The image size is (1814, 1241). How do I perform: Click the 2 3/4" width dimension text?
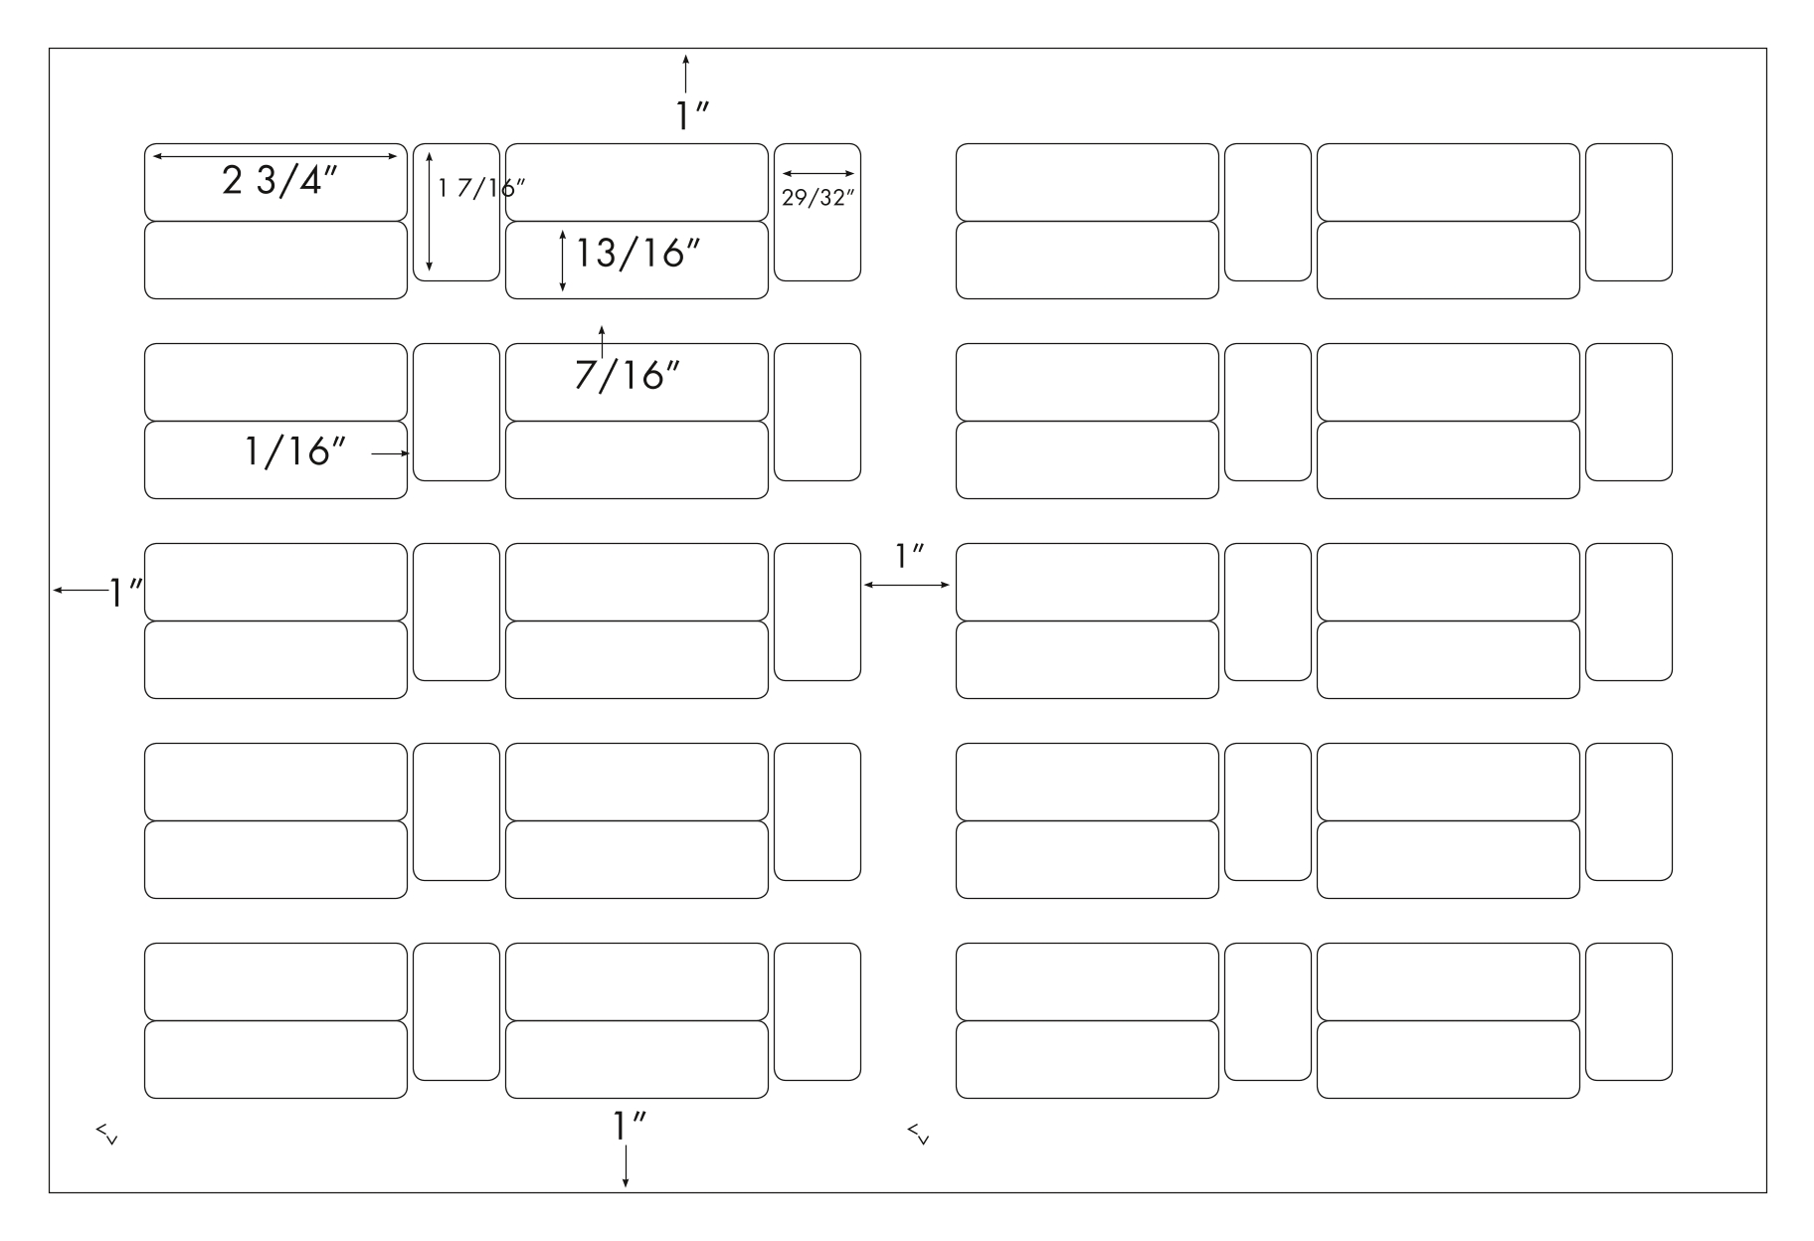[280, 181]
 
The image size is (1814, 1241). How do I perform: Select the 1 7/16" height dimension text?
[481, 187]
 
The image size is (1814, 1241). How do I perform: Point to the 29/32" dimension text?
[818, 198]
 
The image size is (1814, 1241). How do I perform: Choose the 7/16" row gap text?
[628, 375]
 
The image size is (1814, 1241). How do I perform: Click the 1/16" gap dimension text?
[294, 451]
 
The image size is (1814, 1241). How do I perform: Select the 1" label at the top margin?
[692, 116]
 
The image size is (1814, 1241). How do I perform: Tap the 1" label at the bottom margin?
[631, 1126]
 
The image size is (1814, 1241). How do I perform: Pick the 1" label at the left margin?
[126, 593]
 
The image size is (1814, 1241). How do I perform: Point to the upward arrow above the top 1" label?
[685, 75]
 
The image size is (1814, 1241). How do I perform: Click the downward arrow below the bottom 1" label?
[626, 1165]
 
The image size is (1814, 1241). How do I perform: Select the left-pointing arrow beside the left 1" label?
[81, 592]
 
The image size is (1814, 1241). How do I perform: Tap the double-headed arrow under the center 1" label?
[907, 586]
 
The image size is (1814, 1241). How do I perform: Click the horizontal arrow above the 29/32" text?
[818, 174]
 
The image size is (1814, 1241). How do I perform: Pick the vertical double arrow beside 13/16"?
[563, 261]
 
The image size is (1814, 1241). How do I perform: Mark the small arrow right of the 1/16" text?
[391, 453]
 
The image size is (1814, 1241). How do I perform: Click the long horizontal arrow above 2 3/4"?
[274, 156]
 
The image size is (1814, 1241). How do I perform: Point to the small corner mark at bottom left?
[106, 1134]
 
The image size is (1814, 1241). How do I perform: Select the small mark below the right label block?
[918, 1134]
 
